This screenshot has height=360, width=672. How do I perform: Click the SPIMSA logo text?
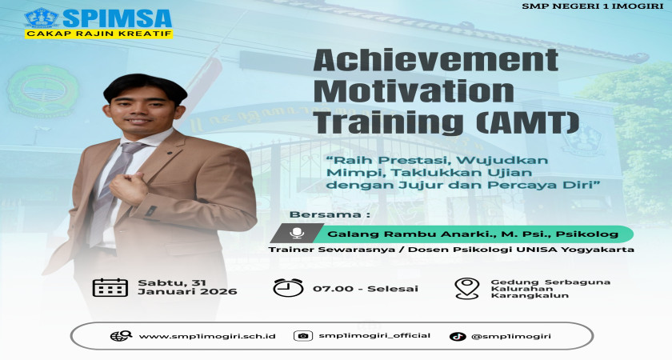pos(117,18)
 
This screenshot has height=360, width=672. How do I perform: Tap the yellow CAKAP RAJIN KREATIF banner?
pos(98,34)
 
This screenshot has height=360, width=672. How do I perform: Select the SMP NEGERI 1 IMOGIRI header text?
pos(593,6)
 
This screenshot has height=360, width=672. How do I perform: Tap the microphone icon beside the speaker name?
pos(297,234)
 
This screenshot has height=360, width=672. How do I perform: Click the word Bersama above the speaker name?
pos(325,214)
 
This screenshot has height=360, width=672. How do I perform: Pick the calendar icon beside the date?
pos(110,287)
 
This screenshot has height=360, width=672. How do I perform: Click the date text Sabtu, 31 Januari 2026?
pos(187,287)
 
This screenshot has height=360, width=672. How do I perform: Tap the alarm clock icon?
pos(289,287)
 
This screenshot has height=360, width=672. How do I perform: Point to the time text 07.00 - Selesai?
pos(366,289)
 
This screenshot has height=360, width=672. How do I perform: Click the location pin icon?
pos(466,288)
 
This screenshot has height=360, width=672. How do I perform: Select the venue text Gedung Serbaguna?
pos(550,282)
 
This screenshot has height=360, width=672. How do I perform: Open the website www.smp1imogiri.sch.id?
pos(207,337)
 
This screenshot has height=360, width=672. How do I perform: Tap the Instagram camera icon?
pos(303,336)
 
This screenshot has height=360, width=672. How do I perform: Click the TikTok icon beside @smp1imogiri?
pos(458,337)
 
